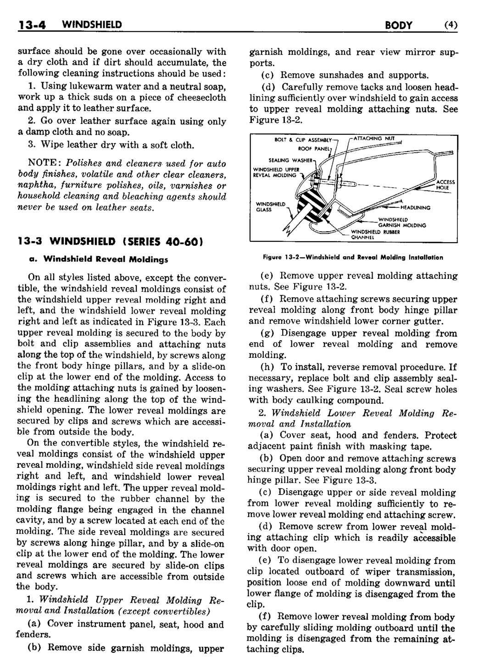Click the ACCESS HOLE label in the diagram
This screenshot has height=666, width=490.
pos(445,185)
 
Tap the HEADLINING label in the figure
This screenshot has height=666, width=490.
pos(416,207)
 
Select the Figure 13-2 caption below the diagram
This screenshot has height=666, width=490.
pos(353,257)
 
